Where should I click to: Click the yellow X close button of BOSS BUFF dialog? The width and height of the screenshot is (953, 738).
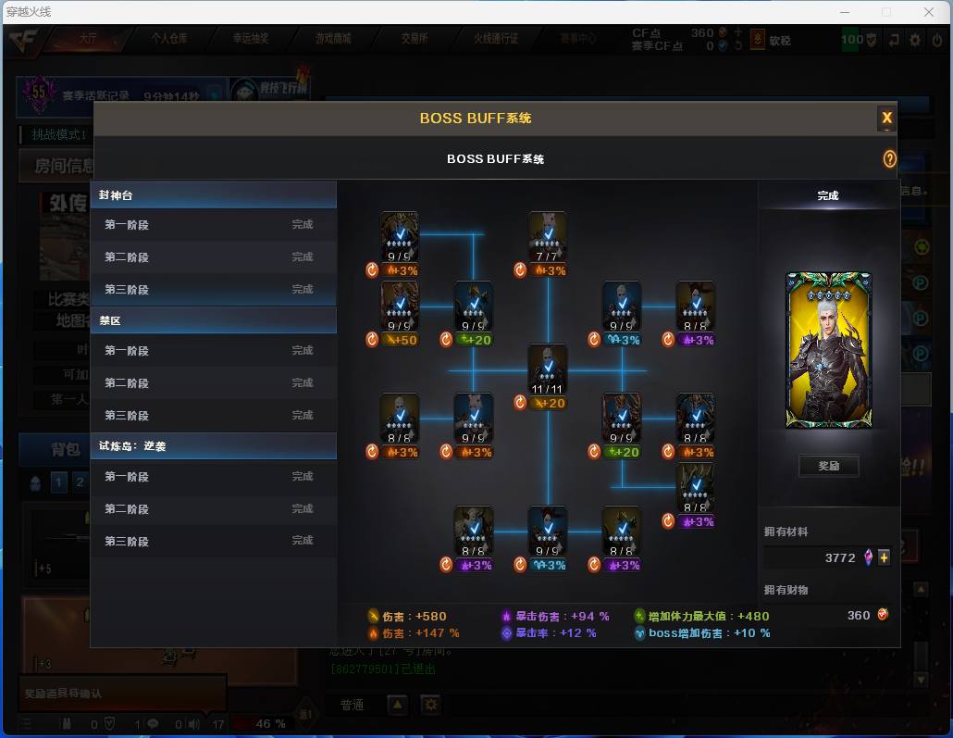tap(886, 118)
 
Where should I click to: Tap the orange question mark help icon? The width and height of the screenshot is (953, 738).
tap(889, 159)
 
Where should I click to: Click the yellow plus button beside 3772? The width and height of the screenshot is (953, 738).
tap(884, 557)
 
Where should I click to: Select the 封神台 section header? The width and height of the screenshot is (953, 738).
tap(213, 195)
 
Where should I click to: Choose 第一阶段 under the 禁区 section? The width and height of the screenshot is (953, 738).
tap(213, 351)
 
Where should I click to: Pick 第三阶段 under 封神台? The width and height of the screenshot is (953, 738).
tap(213, 290)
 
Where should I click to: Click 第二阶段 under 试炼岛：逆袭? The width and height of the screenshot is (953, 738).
tap(213, 509)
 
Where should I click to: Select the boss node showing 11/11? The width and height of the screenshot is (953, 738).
tap(547, 369)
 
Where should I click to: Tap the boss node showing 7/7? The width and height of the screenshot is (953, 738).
tap(547, 237)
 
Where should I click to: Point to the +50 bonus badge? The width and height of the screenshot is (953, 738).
tap(401, 340)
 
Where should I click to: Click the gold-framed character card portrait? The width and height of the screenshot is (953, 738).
tap(828, 350)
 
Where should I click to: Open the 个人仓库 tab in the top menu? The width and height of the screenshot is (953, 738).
tap(169, 39)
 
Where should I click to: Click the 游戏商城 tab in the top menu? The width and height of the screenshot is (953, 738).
tap(333, 39)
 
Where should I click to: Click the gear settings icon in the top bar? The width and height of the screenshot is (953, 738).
tap(915, 40)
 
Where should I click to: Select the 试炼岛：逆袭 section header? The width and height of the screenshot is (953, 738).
tap(213, 445)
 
